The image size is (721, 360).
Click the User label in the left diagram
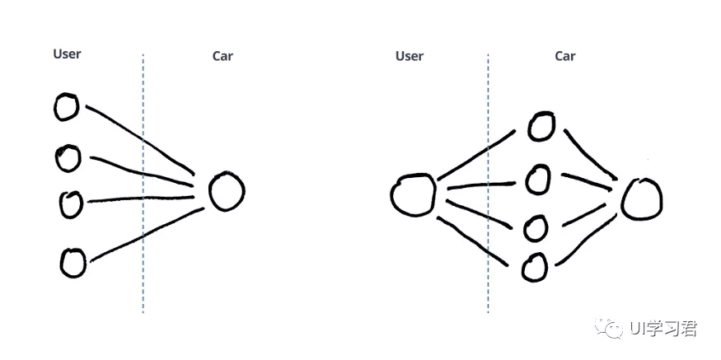[x=67, y=54]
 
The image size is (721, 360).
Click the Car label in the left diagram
[x=222, y=56]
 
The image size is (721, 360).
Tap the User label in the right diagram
[x=409, y=56]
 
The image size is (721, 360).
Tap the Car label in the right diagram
[x=564, y=56]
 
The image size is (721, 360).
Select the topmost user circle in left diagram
[x=66, y=106]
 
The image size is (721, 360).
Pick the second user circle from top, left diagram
[x=68, y=157]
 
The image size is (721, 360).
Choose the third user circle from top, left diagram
[x=71, y=203]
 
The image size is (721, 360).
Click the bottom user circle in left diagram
[x=73, y=263]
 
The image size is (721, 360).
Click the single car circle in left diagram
[x=227, y=191]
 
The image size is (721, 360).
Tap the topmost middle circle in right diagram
[x=540, y=126]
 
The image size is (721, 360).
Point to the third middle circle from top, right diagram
[x=535, y=227]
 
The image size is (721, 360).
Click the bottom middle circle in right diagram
[x=534, y=266]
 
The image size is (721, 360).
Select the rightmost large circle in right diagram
[x=641, y=199]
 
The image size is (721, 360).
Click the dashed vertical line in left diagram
[x=143, y=247]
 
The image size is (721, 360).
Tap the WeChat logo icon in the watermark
[x=615, y=329]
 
